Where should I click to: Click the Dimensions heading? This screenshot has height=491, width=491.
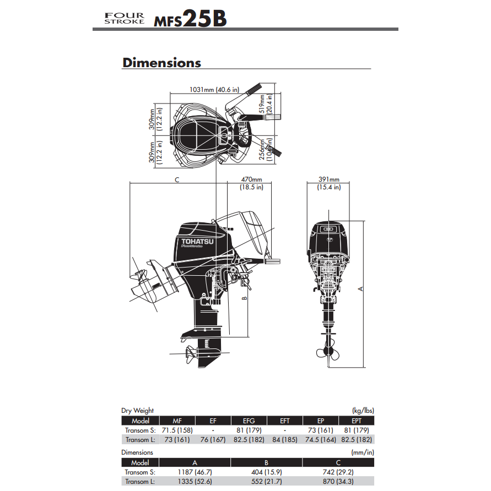click(161, 63)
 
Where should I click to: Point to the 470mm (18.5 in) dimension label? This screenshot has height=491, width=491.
click(251, 183)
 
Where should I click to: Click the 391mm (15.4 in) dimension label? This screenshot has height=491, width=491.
click(329, 183)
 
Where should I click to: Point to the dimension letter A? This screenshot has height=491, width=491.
click(360, 288)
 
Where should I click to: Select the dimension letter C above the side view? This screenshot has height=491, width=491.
click(177, 179)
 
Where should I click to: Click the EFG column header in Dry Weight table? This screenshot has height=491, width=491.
click(248, 421)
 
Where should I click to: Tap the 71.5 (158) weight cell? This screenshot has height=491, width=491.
click(177, 430)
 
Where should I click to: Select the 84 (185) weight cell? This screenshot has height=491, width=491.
click(284, 439)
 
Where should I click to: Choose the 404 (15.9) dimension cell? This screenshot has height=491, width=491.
click(266, 472)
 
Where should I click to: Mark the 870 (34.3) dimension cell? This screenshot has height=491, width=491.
click(338, 481)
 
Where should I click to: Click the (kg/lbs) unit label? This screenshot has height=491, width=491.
click(363, 411)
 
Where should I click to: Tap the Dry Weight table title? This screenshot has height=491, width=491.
click(138, 411)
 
